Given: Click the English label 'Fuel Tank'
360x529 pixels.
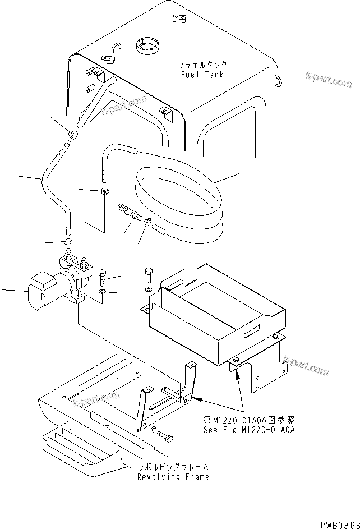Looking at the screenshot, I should pos(195,75).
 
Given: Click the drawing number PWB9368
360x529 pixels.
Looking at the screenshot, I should pos(340,523).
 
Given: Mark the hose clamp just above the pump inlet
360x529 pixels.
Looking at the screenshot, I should pos(68,242).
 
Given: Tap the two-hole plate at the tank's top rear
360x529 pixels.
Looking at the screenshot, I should pos(179,20).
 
